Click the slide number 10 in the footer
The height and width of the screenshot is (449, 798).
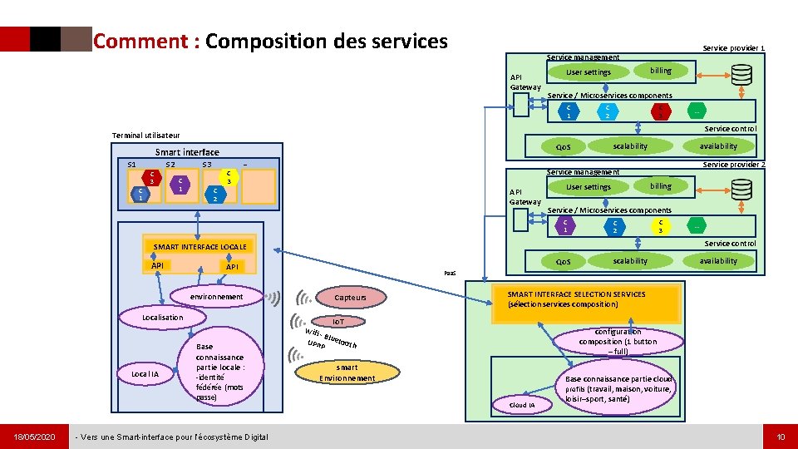(780, 437)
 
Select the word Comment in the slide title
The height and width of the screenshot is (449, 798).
(141, 41)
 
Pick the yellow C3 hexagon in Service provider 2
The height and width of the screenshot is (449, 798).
(660, 226)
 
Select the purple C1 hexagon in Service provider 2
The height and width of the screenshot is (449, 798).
(565, 226)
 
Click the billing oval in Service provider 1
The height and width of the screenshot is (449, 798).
(660, 71)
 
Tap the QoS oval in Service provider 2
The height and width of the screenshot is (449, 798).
(563, 261)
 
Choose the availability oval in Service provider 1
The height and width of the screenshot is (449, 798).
(717, 146)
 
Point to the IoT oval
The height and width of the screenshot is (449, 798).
(338, 321)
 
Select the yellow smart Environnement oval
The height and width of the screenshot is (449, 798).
(347, 373)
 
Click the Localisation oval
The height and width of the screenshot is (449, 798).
(162, 317)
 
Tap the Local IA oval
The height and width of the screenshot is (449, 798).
(145, 374)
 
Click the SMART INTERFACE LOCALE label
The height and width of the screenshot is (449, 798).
(199, 247)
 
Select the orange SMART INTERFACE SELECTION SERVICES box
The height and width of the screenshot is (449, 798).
(575, 300)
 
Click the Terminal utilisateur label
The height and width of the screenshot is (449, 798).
(145, 135)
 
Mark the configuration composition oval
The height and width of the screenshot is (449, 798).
(618, 341)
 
